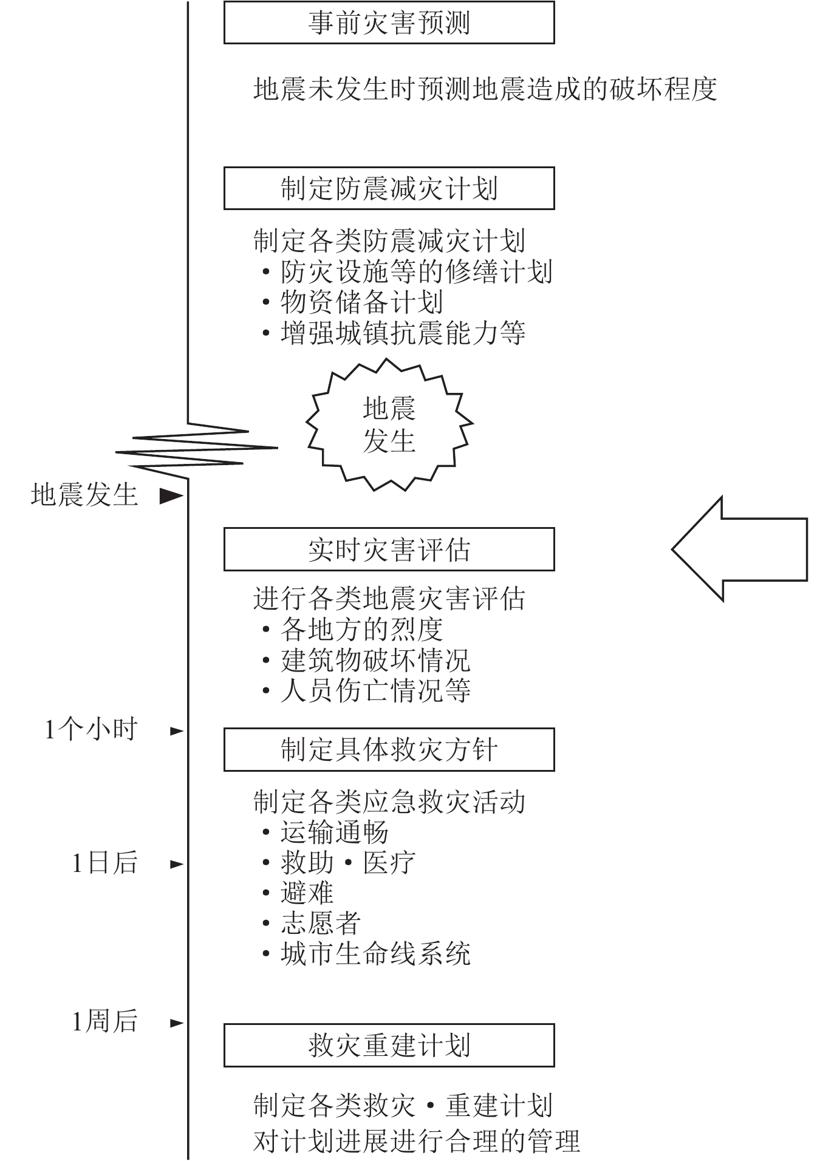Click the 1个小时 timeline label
point(91,729)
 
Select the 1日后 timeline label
point(104,863)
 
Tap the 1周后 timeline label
point(104,1021)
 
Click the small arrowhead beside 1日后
point(176,864)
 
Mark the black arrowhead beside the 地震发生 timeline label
point(171,496)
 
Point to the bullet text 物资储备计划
point(361,302)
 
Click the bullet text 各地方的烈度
point(361,629)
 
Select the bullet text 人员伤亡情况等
point(375,690)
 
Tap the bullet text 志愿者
point(321,923)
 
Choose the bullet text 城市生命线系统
point(375,953)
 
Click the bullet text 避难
point(307,893)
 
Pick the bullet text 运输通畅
point(334,832)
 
